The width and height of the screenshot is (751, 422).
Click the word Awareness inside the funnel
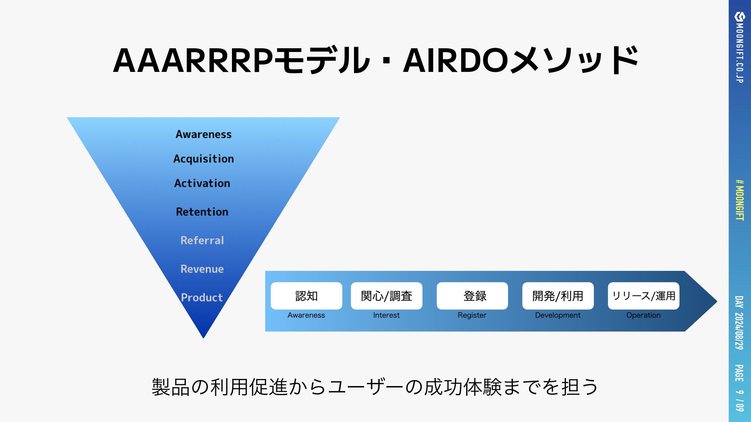203,134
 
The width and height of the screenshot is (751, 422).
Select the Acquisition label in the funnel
203,159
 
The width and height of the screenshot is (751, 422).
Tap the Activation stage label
202,183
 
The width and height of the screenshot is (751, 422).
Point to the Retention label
202,212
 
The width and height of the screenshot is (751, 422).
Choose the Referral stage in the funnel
202,240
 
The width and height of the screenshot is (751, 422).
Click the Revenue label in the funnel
202,269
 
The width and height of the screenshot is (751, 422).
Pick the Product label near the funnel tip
202,297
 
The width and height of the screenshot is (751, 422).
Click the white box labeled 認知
306,296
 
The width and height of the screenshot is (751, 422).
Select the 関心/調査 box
386,296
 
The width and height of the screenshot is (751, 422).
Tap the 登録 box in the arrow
472,296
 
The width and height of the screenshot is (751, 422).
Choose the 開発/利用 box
558,296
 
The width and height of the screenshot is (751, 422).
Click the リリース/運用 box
643,296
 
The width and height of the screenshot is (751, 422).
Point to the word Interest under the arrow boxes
386,315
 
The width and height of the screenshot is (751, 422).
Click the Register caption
472,315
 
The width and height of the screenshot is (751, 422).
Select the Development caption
558,315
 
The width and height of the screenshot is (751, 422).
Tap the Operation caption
643,315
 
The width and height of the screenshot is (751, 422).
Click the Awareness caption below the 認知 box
306,315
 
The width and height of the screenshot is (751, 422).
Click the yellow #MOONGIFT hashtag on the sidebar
739,200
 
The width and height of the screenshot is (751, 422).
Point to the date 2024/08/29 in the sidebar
739,331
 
